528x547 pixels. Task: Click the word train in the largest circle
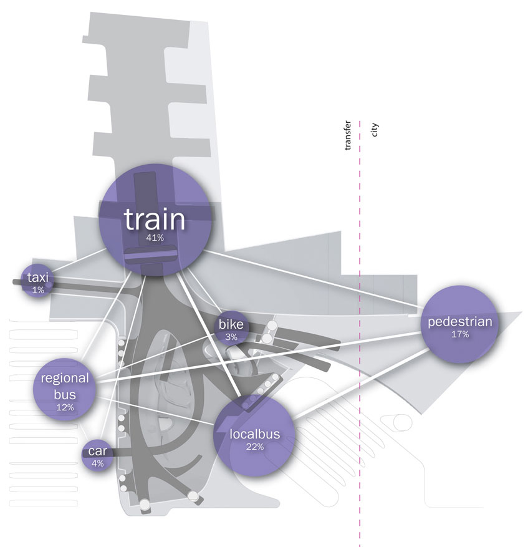click(155, 220)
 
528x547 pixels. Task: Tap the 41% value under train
click(155, 238)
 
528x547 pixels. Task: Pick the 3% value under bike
click(232, 337)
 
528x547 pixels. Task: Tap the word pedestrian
click(460, 322)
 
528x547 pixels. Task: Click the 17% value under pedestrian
click(459, 334)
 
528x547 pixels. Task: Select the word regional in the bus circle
click(65, 378)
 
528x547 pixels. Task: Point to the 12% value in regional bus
click(65, 407)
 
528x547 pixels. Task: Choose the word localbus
click(255, 434)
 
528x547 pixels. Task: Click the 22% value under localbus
click(255, 447)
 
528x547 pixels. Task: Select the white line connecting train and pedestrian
click(312, 281)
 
